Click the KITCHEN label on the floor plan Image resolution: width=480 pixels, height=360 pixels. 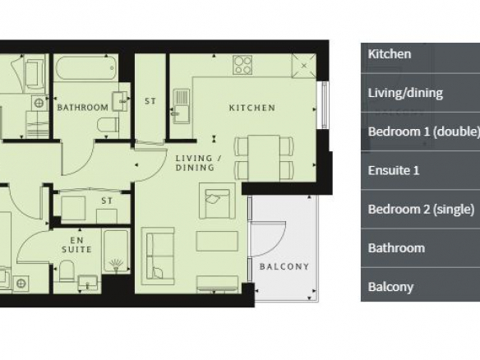(252, 108)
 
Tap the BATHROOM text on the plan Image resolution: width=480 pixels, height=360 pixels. (83, 108)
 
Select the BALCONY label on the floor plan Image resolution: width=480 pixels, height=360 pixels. (284, 266)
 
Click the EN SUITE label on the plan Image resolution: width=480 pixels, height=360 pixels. (76, 245)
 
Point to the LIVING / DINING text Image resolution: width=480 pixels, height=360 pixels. (198, 163)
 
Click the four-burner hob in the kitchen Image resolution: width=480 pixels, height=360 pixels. (242, 65)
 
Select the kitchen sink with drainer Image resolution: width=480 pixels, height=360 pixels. (181, 106)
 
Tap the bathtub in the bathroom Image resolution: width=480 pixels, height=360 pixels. (86, 68)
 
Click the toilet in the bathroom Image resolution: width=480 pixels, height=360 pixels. (108, 125)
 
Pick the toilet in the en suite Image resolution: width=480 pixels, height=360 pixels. (67, 271)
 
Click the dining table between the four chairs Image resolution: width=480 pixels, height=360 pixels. (264, 158)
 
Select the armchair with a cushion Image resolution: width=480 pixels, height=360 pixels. (217, 201)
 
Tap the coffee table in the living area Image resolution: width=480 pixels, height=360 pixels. (217, 241)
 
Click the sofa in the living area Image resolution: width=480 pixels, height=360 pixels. (158, 256)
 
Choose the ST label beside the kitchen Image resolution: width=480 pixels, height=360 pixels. (150, 101)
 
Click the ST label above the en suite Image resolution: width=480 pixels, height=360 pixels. (107, 201)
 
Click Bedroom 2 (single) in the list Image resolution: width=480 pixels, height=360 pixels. (420, 209)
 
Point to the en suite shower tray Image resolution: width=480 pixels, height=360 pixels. (117, 252)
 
